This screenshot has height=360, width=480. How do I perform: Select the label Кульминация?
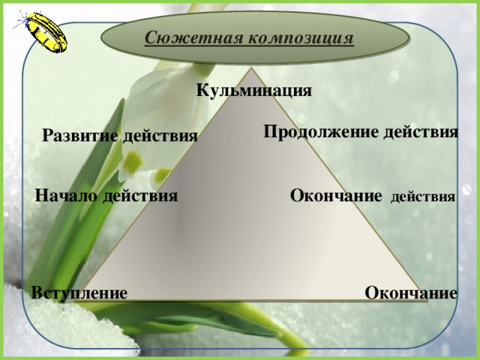tap(253, 91)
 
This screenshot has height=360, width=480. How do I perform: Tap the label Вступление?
tap(79, 292)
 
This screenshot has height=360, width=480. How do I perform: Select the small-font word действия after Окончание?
tap(423, 198)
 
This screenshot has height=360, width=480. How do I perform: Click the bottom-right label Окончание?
tap(411, 292)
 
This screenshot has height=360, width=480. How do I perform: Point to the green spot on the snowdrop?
tap(132, 161)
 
